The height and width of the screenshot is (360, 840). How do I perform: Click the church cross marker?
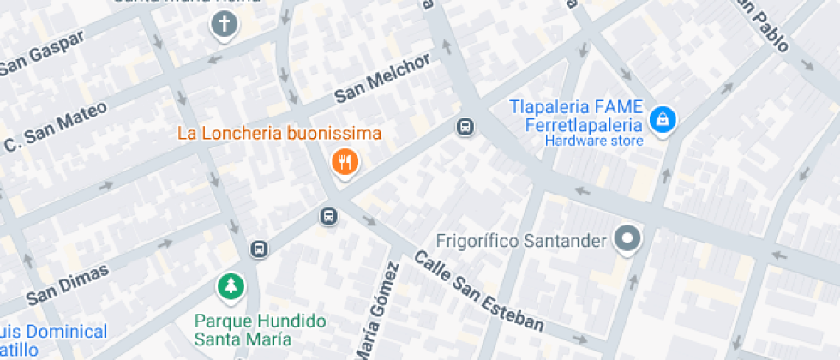pos(224,27)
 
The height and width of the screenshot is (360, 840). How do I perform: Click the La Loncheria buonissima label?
pos(279,135)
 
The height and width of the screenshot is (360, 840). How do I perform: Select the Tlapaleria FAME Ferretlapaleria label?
pos(575,117)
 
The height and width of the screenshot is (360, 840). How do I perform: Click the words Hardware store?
pos(594,141)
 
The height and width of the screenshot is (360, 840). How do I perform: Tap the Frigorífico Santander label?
pos(521,241)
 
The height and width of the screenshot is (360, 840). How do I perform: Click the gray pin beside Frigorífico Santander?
pos(629,238)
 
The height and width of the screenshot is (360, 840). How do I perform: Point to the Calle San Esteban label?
pos(480,291)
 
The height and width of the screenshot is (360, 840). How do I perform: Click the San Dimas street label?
pos(68,285)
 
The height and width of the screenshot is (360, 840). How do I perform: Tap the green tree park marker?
pos(230,287)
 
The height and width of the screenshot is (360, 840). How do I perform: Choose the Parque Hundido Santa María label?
pos(261,329)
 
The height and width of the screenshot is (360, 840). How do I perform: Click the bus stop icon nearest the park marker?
pos(259,249)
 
